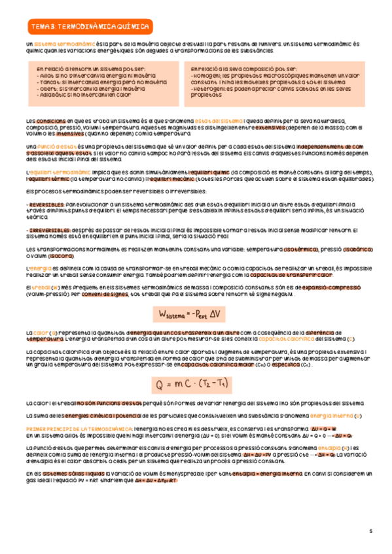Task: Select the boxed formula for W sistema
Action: (196, 315)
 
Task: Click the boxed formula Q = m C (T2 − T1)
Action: (196, 383)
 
